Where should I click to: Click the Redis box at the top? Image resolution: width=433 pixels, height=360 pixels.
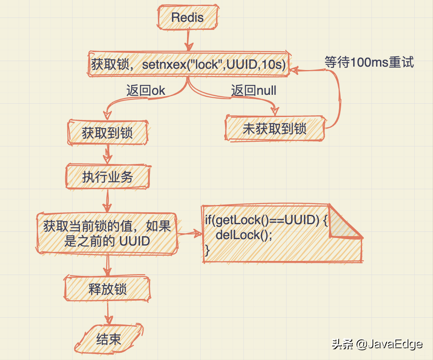[187, 18]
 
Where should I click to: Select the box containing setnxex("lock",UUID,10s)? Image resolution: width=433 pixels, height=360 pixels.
[188, 64]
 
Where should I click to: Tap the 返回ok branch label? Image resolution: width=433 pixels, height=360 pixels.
[145, 91]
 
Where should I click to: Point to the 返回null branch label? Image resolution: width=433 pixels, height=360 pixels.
[254, 91]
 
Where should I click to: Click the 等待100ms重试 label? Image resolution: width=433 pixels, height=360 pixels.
[369, 62]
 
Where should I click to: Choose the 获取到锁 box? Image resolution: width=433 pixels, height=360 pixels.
[107, 133]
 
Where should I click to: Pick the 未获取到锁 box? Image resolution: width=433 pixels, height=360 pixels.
[275, 129]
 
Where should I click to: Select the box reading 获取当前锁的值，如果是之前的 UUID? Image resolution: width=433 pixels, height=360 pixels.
[107, 233]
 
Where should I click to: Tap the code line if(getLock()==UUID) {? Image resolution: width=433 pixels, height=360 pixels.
[266, 220]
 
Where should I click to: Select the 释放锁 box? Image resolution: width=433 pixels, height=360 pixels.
[107, 289]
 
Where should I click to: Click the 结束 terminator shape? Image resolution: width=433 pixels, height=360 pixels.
[108, 339]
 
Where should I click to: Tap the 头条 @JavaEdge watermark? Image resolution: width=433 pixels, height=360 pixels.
[377, 344]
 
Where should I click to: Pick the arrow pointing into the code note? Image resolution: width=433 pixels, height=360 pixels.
[189, 233]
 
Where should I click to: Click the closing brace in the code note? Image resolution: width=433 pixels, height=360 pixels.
[208, 249]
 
